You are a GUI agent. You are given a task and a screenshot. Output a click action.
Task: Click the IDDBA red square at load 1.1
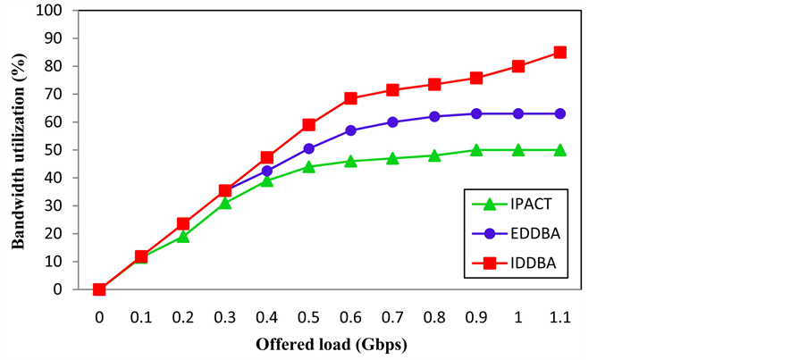click(560, 52)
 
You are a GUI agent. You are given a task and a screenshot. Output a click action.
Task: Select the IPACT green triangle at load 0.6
click(350, 161)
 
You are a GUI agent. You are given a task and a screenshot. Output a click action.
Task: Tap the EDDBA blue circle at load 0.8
click(434, 116)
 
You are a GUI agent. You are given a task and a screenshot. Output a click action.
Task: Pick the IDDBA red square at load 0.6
click(350, 98)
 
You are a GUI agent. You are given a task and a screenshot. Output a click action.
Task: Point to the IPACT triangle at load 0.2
click(183, 236)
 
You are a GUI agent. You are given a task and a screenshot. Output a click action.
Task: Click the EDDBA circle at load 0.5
click(308, 148)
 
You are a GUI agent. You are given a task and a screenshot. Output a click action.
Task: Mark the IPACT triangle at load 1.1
click(560, 150)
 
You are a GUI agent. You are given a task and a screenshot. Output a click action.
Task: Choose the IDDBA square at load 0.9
click(476, 78)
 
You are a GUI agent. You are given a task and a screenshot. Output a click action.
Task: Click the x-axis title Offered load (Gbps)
click(324, 344)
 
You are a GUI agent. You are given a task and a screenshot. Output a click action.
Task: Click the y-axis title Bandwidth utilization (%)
click(17, 150)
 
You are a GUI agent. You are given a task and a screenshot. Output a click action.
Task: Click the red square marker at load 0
click(99, 289)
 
